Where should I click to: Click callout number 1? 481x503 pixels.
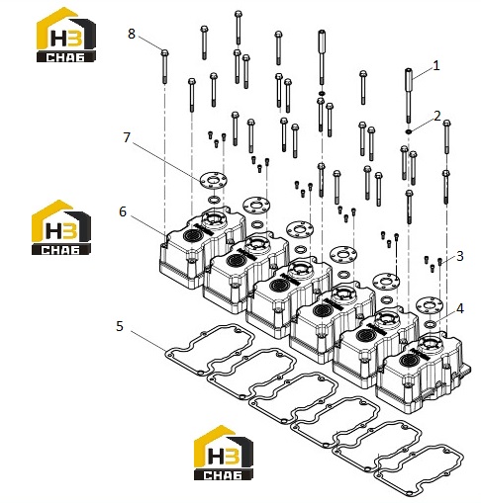436,66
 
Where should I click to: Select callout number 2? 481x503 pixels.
436,116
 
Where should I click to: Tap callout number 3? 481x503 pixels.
460,256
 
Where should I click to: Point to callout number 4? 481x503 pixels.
460,308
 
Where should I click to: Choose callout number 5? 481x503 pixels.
120,326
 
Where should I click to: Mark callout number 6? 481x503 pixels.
123,211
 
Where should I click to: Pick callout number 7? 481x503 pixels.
127,137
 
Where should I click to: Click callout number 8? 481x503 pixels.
132,34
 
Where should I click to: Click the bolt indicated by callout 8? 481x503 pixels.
164,66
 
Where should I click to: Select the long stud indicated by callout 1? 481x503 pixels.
409,96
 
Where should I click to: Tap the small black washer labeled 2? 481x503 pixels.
409,131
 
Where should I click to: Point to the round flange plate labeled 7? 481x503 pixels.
214,180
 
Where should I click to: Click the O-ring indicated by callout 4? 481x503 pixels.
430,324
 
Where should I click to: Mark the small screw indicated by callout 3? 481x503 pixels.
439,262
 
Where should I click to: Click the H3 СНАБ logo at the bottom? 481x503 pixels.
224,453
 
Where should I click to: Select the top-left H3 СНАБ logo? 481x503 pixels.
66,35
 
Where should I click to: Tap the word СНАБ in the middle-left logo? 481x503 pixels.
60,249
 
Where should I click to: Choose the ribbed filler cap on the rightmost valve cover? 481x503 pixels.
407,361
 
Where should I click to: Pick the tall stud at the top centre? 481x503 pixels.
322,56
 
